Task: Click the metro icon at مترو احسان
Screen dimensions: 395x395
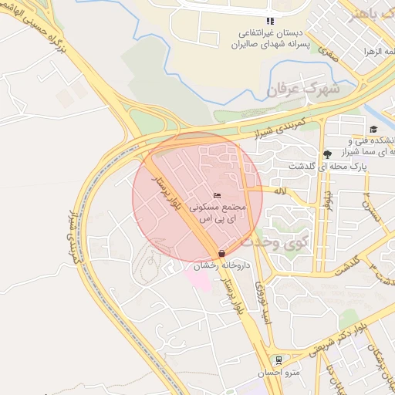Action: point(279,360)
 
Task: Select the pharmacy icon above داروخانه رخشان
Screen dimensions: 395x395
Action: point(222,253)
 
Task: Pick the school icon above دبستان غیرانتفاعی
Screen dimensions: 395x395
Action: point(269,21)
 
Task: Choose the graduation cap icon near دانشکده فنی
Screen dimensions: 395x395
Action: point(373,129)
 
